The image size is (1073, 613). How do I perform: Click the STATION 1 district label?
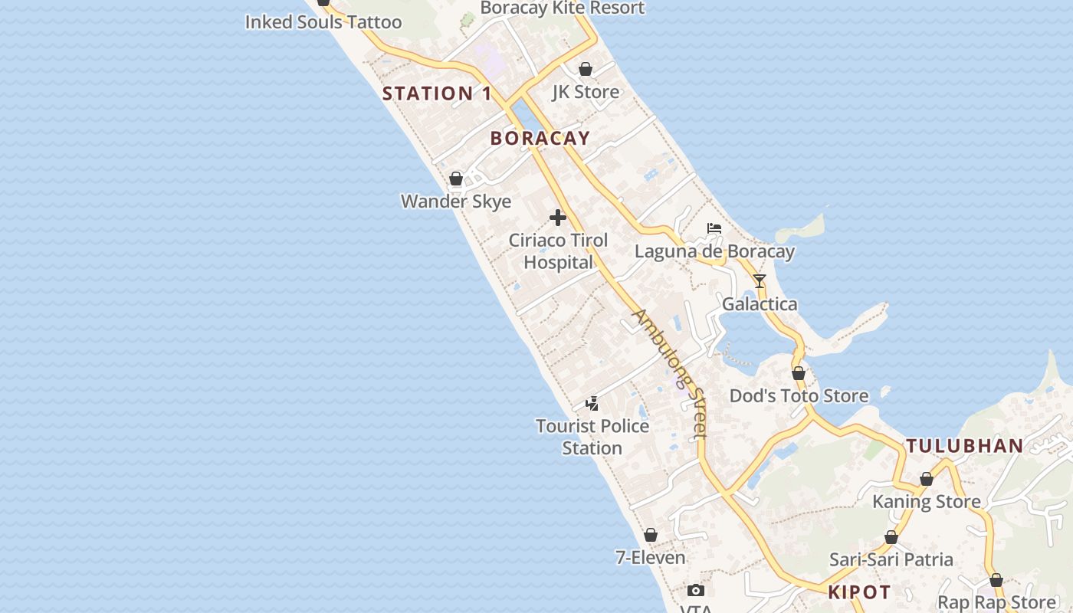point(437,93)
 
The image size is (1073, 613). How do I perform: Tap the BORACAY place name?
point(540,138)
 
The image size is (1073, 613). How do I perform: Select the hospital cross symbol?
point(558,218)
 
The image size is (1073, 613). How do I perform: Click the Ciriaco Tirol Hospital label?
point(559,251)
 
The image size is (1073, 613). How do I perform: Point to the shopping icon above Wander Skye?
point(456,179)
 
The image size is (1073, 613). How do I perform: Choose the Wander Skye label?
point(456,201)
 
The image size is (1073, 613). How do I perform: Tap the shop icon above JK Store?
point(586,69)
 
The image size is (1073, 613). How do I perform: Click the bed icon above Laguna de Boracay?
point(714,228)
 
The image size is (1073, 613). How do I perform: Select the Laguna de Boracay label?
point(714,251)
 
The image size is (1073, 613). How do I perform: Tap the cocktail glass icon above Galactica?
point(759,281)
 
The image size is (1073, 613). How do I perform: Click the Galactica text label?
point(760,304)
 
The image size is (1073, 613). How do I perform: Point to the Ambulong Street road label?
point(669,374)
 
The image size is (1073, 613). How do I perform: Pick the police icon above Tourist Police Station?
point(592,403)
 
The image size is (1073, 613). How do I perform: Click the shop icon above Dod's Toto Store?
point(799,373)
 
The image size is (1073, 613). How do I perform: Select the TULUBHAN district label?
point(965,446)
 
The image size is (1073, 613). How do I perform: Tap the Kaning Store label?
point(927,502)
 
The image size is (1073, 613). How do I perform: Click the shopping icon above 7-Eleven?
point(651,535)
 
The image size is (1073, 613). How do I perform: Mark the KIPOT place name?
point(859,592)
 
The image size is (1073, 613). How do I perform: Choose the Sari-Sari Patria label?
point(891,559)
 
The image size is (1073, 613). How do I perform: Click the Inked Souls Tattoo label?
point(323,22)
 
